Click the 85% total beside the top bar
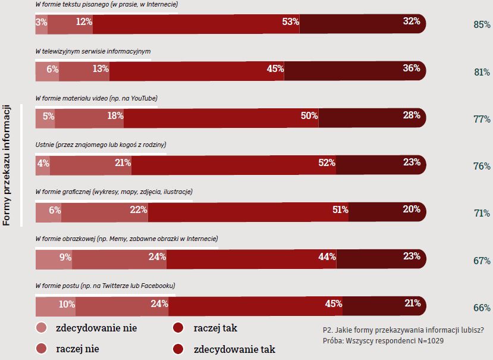481,25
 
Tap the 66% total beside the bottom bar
481,308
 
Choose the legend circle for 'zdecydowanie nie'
41,328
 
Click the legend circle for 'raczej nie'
41,349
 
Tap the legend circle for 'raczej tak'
178,328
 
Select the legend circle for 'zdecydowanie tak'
178,349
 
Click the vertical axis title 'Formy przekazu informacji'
7,166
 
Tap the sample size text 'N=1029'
430,342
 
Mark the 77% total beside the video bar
481,119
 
